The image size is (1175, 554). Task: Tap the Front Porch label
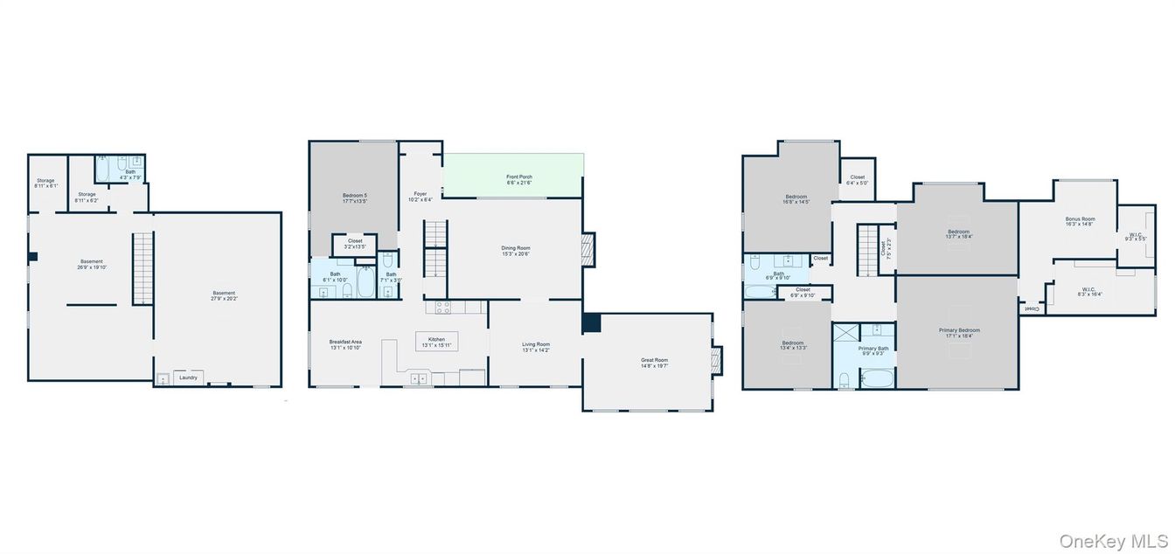pyautogui.click(x=519, y=179)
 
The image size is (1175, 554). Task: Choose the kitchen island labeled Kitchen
pyautogui.click(x=435, y=341)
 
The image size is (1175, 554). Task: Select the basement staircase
pyautogui.click(x=143, y=267)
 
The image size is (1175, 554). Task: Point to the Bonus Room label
pyautogui.click(x=1080, y=218)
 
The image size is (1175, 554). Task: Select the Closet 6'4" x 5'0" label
pyautogui.click(x=857, y=180)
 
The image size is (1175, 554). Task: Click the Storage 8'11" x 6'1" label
pyautogui.click(x=45, y=183)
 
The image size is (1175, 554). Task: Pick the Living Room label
pyautogui.click(x=535, y=347)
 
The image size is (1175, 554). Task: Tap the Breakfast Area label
pyautogui.click(x=345, y=344)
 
